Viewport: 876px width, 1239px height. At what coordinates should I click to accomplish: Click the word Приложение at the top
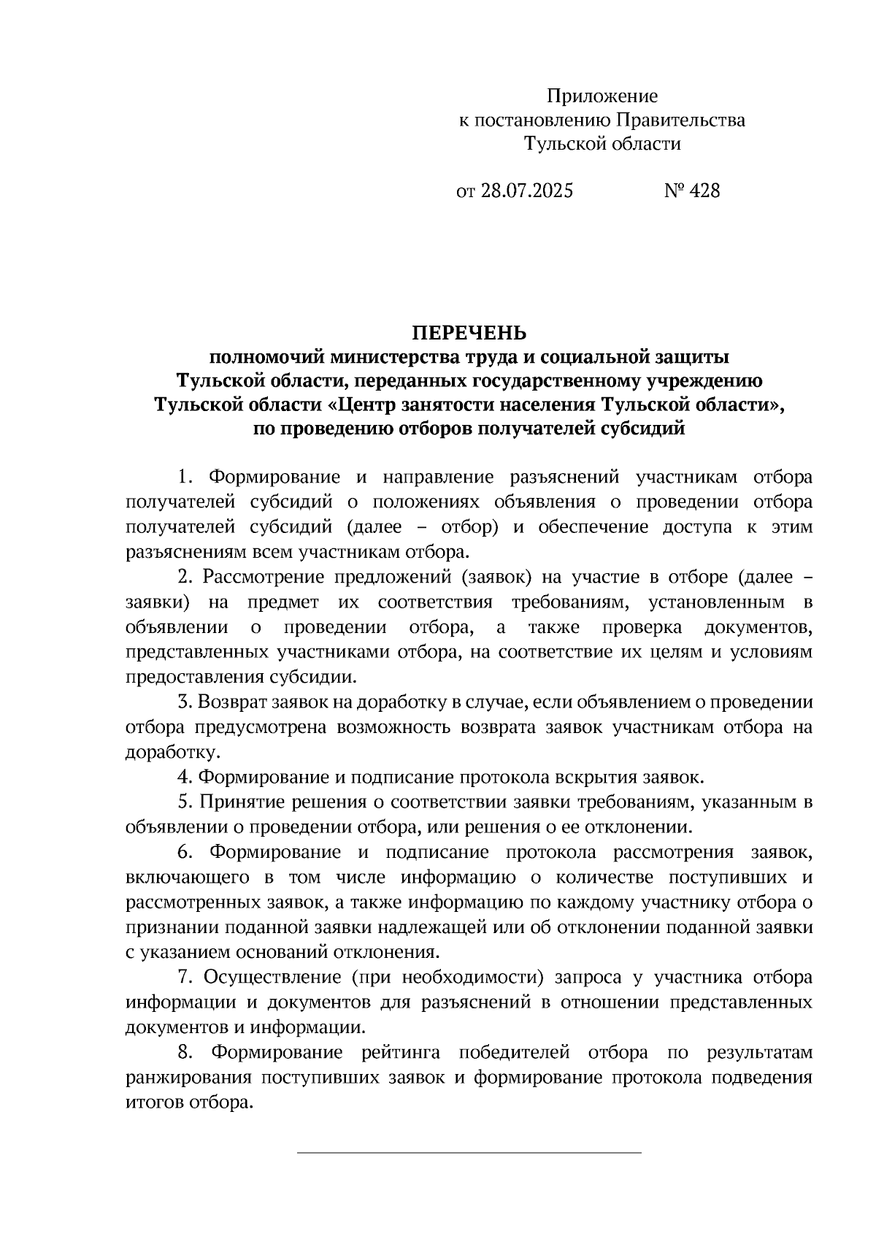point(602,96)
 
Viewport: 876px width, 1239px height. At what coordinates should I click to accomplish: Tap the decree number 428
point(704,191)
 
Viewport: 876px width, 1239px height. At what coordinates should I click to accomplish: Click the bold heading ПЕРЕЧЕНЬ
point(469,334)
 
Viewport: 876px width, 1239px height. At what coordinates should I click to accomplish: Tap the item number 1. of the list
point(185,477)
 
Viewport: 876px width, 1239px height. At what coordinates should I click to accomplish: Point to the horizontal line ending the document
point(469,1152)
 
